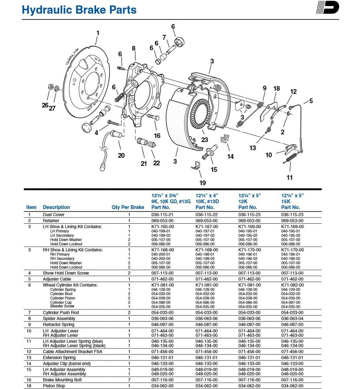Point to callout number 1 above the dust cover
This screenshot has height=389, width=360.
coord(97,33)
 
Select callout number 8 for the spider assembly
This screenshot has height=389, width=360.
coord(133,48)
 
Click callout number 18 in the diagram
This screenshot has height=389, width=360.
coord(276,89)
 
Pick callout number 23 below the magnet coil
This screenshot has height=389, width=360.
coord(205,140)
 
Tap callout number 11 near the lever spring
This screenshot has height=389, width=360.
coord(290,177)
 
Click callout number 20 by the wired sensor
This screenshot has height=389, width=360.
coord(121,155)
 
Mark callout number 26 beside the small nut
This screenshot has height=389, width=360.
coord(45,105)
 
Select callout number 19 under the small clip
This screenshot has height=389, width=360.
coord(202,183)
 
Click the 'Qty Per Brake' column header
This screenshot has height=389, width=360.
coord(128,207)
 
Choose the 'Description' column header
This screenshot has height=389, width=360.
coord(56,207)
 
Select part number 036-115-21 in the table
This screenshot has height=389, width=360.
coord(162,215)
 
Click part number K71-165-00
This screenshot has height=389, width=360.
coord(162,227)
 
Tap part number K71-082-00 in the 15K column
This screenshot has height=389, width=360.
coord(292,285)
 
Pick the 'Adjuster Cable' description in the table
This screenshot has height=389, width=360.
coord(56,279)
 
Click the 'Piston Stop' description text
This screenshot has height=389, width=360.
coord(54,386)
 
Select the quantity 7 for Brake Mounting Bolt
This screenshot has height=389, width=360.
coord(129,380)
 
